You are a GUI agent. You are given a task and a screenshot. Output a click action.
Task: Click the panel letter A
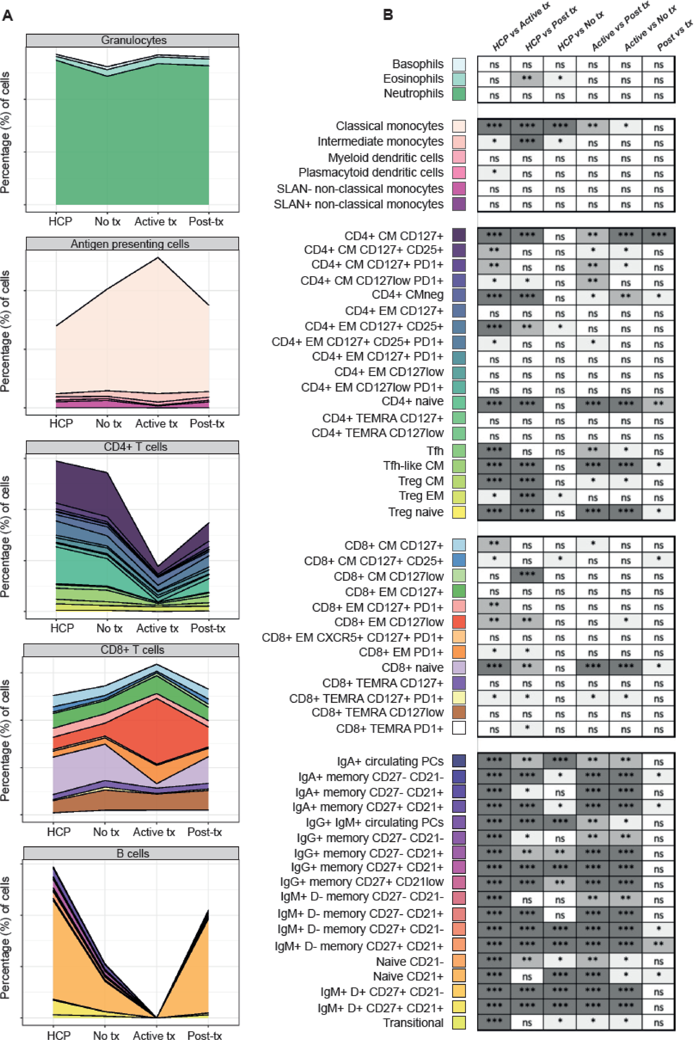[8, 16]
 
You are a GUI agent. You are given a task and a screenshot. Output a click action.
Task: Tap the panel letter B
[388, 15]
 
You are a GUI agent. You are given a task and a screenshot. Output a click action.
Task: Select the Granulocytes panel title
[133, 40]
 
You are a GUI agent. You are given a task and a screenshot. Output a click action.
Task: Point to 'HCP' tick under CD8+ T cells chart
[59, 832]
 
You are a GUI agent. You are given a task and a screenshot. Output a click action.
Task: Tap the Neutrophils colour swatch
[459, 94]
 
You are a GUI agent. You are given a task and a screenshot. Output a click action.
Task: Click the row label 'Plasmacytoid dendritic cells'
[370, 173]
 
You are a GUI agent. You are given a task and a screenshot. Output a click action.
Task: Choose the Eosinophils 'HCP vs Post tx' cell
[527, 80]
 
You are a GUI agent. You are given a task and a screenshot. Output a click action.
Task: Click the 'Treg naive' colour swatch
[459, 512]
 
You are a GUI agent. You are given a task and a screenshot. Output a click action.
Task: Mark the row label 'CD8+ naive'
[412, 667]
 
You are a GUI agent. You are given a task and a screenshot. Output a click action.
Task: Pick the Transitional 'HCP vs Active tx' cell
[494, 1022]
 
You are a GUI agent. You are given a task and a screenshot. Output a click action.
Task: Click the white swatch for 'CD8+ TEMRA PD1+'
[459, 728]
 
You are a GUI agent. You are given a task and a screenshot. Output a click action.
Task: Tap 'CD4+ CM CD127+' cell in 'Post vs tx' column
[658, 236]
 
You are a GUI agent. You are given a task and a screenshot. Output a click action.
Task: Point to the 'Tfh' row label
[435, 451]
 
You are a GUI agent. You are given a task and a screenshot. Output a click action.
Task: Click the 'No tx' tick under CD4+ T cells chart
[109, 628]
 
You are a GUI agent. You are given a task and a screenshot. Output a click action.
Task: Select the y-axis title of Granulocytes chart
[5, 133]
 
